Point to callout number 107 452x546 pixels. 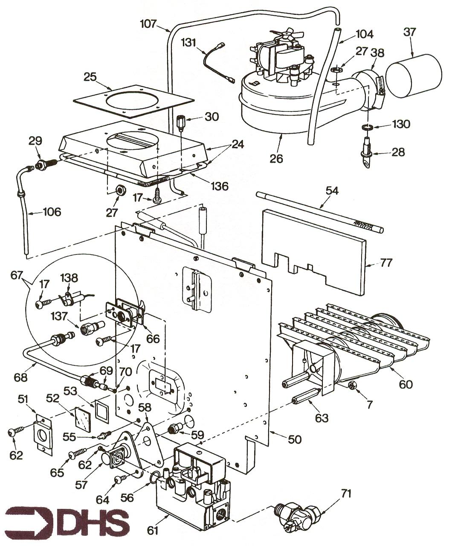(x=148, y=24)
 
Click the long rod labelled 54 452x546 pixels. (x=320, y=212)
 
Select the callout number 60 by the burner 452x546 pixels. (x=406, y=384)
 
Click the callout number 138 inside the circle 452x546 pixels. (x=69, y=278)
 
